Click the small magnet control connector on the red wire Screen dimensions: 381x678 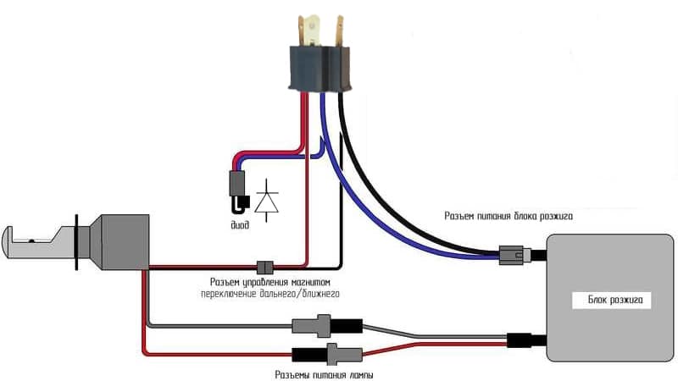pos(264,265)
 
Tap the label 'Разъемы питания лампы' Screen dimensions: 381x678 pos(325,373)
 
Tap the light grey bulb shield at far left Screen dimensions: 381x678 pos(34,241)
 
